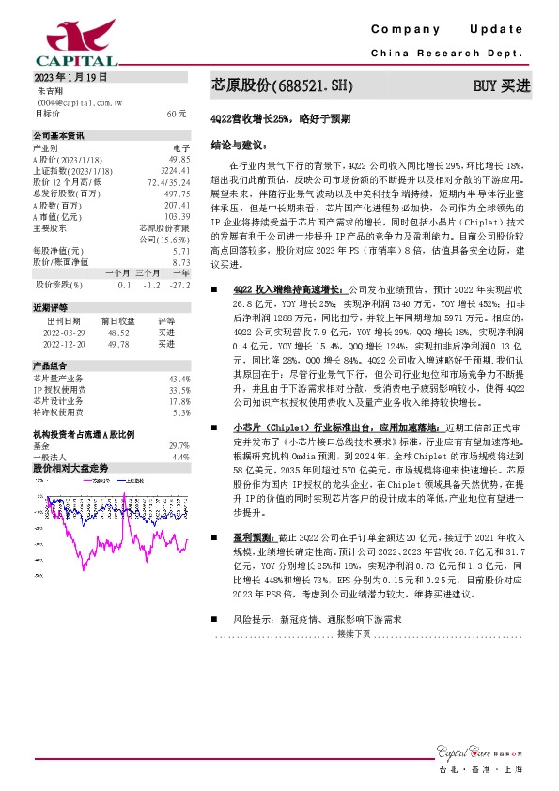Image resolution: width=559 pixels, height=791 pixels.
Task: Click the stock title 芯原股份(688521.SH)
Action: point(283,86)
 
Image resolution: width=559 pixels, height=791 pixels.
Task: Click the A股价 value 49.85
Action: point(178,160)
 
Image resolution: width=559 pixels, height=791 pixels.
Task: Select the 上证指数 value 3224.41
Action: point(175,171)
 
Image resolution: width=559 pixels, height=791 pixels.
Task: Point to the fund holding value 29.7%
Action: point(179,445)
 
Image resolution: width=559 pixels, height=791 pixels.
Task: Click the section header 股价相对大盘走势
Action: point(70,467)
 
